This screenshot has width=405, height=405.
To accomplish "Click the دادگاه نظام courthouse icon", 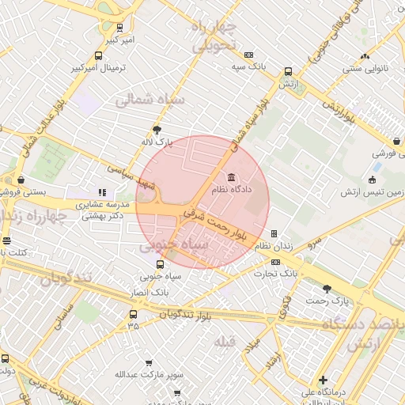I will (x=230, y=176).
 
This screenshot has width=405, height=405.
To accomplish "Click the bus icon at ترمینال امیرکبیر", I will (x=98, y=56).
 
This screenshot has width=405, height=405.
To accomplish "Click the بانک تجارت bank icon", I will (x=275, y=262).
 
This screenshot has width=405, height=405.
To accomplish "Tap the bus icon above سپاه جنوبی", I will (x=161, y=264).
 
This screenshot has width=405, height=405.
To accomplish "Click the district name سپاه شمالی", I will (x=150, y=101).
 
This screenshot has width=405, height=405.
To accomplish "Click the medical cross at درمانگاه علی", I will (x=322, y=380).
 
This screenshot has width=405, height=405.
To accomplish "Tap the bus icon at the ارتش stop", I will (x=287, y=81).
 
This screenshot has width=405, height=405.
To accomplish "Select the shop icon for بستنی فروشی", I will (x=20, y=179).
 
